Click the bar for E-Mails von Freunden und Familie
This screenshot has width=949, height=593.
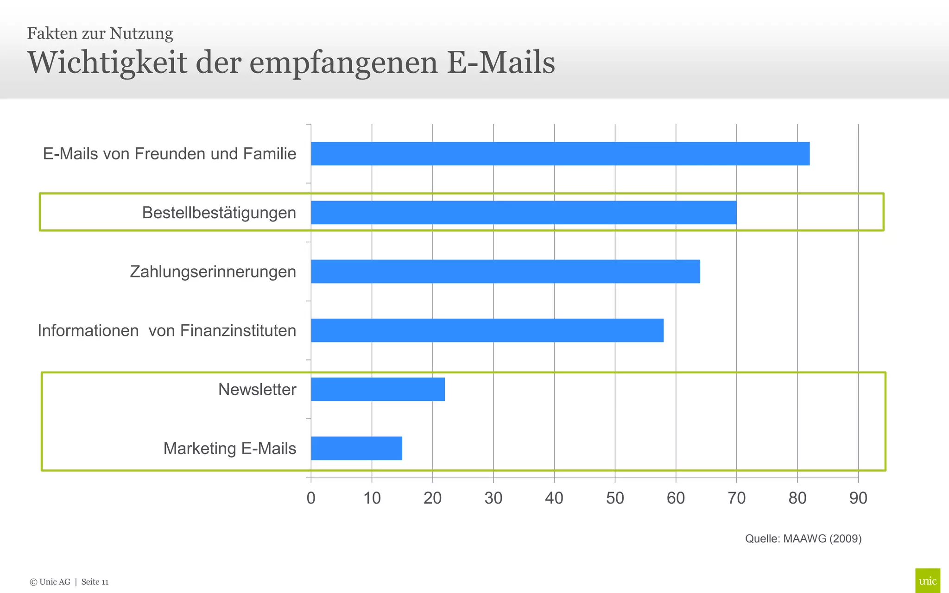click(560, 153)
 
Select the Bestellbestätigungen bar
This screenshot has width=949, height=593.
click(524, 212)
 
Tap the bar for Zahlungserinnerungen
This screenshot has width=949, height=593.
click(505, 271)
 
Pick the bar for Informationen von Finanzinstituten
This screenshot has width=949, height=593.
click(487, 330)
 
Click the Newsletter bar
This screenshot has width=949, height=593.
click(378, 389)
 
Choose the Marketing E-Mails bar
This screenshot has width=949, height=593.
click(356, 448)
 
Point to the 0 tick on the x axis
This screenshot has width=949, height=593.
click(311, 498)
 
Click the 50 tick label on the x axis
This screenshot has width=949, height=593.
click(615, 498)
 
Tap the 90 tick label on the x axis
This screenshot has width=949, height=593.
click(858, 498)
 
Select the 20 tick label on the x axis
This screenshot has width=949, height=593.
click(432, 498)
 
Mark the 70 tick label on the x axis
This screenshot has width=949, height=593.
click(736, 498)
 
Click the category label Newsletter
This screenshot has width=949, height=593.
click(257, 389)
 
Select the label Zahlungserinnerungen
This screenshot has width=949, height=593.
click(213, 271)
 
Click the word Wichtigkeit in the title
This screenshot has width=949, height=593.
click(107, 63)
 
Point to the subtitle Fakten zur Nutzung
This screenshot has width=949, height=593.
click(100, 33)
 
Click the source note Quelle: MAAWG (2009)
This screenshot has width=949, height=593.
click(803, 538)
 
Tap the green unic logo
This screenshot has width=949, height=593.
click(927, 580)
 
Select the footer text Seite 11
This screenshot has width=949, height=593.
click(95, 582)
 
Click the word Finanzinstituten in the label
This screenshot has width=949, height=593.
click(238, 330)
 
